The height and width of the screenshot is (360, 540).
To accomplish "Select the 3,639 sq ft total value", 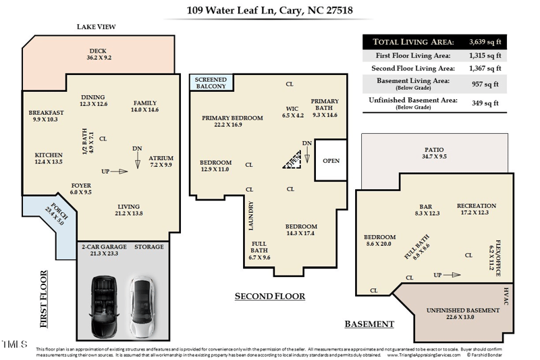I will [x=485, y=41].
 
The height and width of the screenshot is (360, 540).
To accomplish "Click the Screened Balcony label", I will [x=211, y=82].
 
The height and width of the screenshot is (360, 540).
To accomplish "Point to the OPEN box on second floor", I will [x=331, y=161].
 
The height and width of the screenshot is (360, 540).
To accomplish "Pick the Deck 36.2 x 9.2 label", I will [x=98, y=55].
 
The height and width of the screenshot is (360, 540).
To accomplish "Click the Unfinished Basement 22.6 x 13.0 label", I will [x=462, y=313].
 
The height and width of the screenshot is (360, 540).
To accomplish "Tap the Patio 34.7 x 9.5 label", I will [x=434, y=153].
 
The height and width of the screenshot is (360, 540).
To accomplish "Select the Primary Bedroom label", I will [x=232, y=121].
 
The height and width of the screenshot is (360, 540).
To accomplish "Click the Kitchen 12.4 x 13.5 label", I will [x=48, y=158].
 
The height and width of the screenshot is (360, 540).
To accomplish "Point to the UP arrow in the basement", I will [x=446, y=275].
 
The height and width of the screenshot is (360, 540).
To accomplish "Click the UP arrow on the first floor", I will [x=114, y=172].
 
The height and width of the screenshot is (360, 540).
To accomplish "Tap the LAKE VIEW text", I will [x=97, y=27].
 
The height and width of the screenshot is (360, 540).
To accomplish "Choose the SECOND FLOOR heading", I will [x=269, y=296].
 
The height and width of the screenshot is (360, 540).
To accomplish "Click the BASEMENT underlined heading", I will [x=369, y=324].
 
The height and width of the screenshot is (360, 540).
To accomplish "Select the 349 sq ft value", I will [x=485, y=103].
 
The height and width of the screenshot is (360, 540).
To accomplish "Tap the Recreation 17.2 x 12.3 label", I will [x=476, y=209].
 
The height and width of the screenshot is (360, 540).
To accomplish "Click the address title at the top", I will [x=269, y=10].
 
